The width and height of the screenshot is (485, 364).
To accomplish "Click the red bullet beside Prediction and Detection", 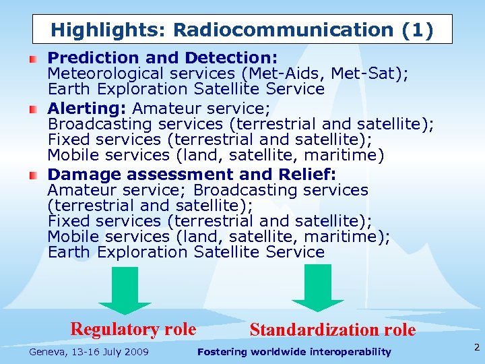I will [x=33, y=59].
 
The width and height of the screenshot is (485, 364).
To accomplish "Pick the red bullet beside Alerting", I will [x=33, y=108].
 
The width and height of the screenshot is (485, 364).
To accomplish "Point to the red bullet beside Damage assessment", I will [x=33, y=175].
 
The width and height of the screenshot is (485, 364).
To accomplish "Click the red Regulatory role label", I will [x=133, y=329].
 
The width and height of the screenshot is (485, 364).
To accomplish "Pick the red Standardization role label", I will [x=333, y=330].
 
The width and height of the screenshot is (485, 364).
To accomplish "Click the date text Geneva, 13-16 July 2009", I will [x=89, y=352].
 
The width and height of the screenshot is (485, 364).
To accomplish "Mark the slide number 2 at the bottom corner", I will [x=476, y=348].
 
